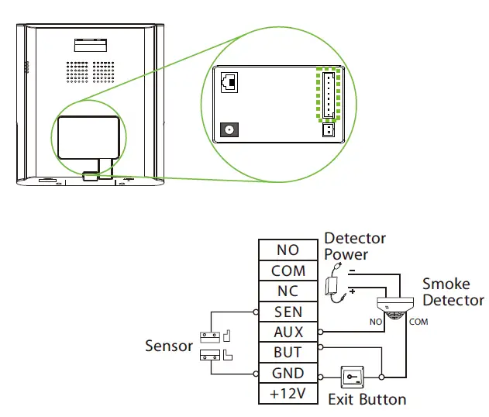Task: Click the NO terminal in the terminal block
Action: (x=288, y=250)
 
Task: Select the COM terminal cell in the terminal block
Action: (x=288, y=271)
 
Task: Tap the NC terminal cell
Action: (x=288, y=291)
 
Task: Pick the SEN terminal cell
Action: (x=288, y=312)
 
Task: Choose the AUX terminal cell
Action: (x=288, y=333)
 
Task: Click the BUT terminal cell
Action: (x=288, y=353)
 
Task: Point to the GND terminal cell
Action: (x=288, y=374)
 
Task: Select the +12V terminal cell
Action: (x=288, y=394)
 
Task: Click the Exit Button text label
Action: (x=367, y=400)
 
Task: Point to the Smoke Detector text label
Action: (x=453, y=292)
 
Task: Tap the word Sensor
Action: (x=169, y=346)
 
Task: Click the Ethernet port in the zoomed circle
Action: (x=229, y=82)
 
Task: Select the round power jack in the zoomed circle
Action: (x=229, y=129)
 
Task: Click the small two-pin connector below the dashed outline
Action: (x=328, y=130)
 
